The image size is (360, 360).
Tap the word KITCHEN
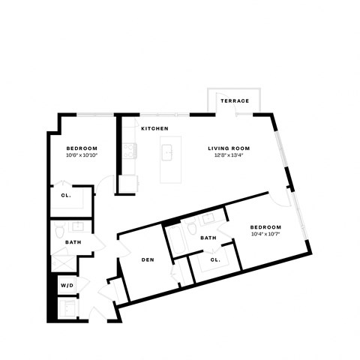[155, 129]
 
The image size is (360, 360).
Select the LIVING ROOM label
[229, 148]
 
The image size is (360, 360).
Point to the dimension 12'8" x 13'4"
[229, 156]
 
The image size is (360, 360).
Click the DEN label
[148, 260]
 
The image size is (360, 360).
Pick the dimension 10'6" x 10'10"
[82, 155]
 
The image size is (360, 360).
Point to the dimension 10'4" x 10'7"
[265, 235]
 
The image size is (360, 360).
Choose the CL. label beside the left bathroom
[65, 197]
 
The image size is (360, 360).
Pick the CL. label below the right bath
[215, 260]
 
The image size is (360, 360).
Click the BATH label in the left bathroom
[73, 242]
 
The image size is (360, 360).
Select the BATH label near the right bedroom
[208, 238]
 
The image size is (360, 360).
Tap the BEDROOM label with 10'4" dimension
[265, 227]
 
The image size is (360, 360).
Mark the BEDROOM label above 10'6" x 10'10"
[82, 148]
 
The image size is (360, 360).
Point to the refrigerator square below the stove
[127, 182]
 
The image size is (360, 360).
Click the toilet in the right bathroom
[193, 228]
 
